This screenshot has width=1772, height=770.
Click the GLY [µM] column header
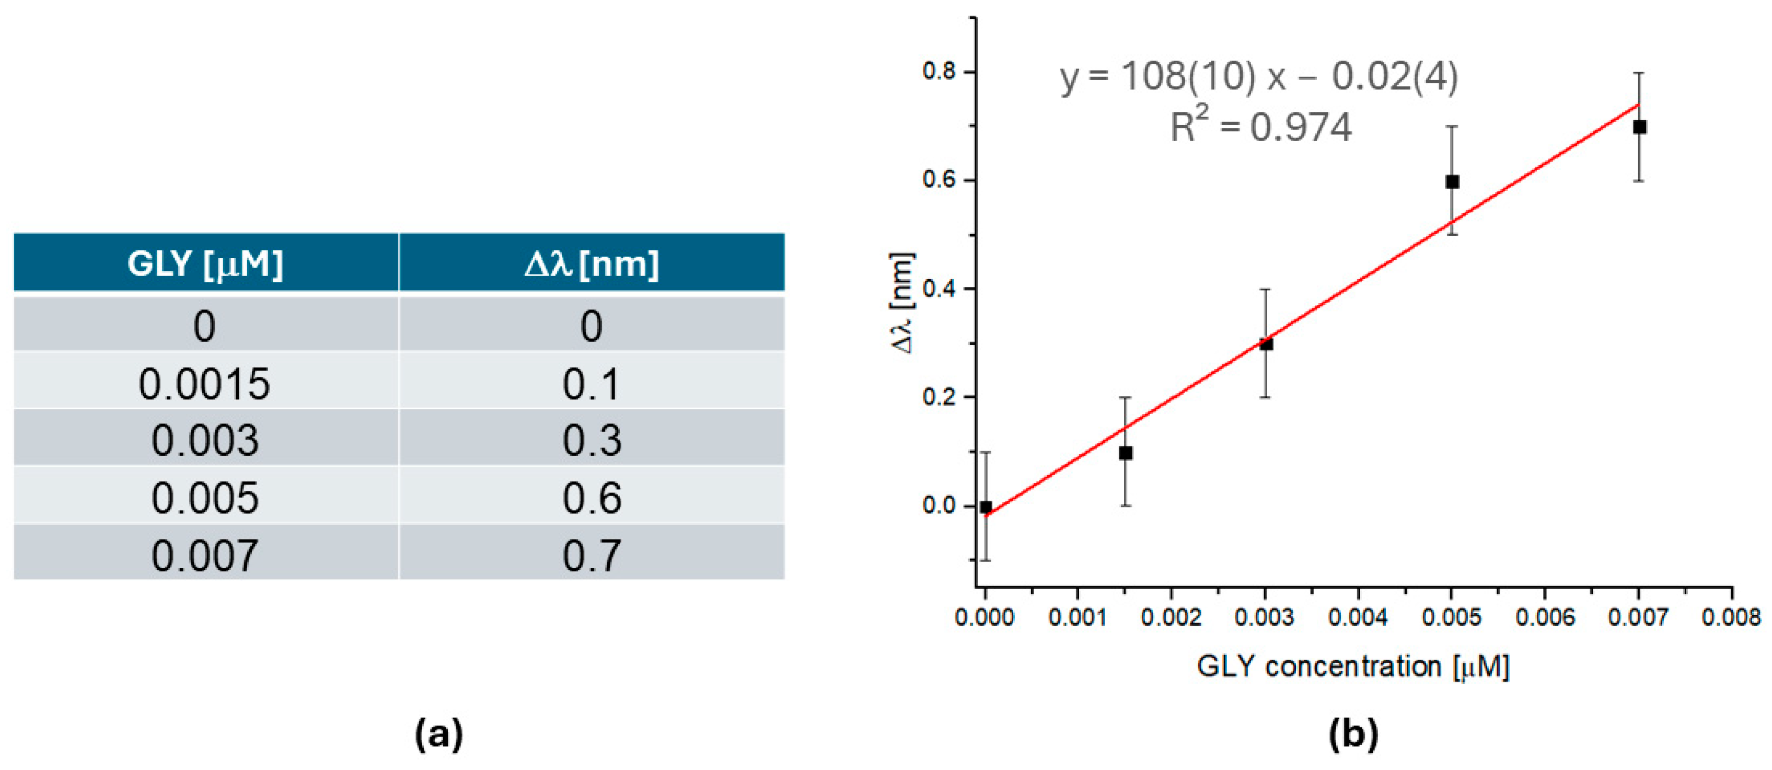(205, 263)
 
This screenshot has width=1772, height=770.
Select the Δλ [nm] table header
(592, 263)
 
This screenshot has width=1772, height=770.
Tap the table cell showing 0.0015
(204, 383)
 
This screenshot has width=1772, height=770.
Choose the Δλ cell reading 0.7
(592, 555)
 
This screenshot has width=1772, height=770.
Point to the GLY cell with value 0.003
(205, 440)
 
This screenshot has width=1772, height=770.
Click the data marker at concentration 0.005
(1452, 182)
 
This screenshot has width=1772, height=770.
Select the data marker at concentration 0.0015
(1126, 453)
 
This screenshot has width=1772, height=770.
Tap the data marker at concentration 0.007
(1639, 127)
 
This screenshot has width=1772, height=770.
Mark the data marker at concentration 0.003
(1266, 343)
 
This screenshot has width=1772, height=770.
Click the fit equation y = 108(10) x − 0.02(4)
(1259, 76)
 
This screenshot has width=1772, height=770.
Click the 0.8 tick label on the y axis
(940, 72)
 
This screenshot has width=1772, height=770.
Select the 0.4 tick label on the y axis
(940, 289)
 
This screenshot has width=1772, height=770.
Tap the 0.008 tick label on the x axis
(1731, 617)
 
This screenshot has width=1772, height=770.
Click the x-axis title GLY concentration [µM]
(1353, 666)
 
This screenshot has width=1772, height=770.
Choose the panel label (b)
(1353, 734)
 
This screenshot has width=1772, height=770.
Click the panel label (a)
(439, 734)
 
